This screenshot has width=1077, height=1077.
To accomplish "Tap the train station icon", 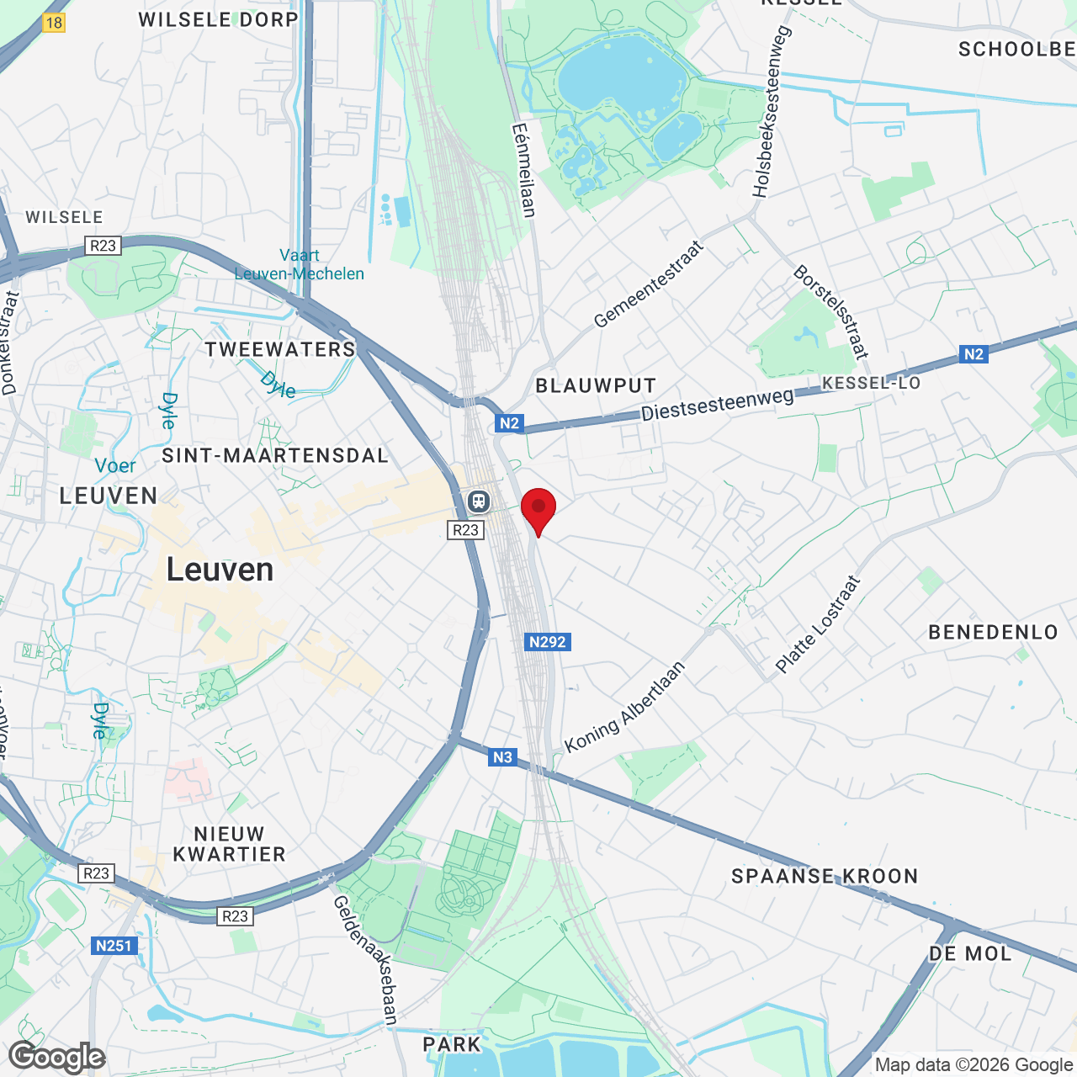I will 479,501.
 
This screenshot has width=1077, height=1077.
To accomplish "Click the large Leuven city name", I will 220,570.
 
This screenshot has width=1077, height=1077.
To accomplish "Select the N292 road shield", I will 547,642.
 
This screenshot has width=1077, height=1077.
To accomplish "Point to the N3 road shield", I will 502,757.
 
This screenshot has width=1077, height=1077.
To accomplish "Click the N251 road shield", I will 114,946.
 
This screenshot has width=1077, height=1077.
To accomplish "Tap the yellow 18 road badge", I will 54,23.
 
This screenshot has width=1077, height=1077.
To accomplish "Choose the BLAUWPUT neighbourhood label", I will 596,386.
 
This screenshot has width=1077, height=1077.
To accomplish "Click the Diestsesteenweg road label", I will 717,404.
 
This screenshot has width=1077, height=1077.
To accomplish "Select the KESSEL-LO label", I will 871,384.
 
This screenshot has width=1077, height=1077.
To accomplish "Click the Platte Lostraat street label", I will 818,624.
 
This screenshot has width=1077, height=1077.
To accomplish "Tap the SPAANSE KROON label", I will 825,876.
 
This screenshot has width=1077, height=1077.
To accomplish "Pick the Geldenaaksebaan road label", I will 365,959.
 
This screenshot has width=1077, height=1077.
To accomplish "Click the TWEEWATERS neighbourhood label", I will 280,349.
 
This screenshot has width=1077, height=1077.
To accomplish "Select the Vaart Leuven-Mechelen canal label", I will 300,264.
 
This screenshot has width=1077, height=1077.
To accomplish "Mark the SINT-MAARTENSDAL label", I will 275,456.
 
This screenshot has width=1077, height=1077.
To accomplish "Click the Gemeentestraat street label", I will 648,284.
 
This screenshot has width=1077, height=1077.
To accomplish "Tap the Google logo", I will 57,1058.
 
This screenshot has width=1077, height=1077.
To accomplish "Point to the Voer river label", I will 115,465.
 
